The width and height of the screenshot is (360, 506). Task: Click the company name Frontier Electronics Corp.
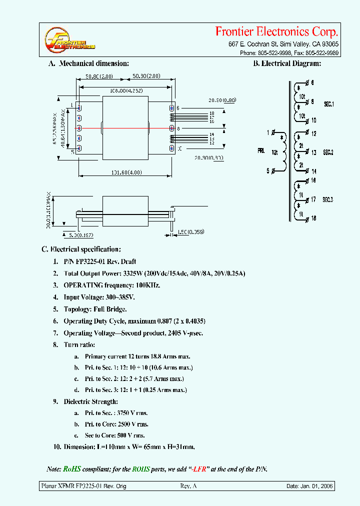click(x=276, y=32)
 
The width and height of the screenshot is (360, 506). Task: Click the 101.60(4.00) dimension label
click(x=125, y=172)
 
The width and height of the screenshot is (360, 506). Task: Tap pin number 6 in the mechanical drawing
click(x=177, y=108)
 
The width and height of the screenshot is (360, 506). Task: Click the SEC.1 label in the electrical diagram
click(x=328, y=104)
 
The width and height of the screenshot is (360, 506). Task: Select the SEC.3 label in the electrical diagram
click(x=328, y=199)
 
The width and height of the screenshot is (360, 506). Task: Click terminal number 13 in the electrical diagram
click(x=313, y=152)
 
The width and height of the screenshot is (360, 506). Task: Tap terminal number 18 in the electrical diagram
click(x=313, y=218)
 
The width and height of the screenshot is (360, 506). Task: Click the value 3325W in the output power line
click(x=134, y=273)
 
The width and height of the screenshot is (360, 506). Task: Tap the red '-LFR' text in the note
click(x=201, y=469)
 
